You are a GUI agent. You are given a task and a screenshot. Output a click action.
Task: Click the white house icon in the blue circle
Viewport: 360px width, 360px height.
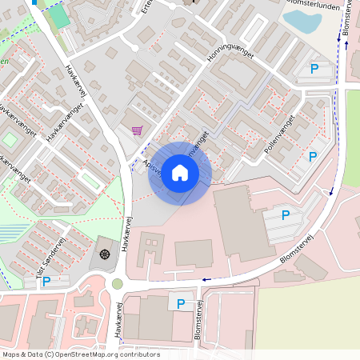[180, 173]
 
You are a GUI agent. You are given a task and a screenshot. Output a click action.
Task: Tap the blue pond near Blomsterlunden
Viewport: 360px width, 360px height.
[302, 22]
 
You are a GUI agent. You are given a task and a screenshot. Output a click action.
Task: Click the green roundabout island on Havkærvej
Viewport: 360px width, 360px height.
[118, 283]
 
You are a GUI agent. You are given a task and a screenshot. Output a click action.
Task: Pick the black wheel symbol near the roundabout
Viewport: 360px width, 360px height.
[104, 254]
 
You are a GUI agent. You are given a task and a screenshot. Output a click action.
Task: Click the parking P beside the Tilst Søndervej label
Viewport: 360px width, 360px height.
[46, 281]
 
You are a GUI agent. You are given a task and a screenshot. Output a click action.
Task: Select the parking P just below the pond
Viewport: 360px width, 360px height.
[314, 70]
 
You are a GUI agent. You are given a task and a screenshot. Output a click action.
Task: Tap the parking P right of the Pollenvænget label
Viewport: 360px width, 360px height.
[313, 157]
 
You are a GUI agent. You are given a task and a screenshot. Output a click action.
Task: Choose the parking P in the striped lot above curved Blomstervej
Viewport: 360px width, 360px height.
[286, 214]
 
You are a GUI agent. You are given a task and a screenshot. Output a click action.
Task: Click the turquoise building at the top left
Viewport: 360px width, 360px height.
[58, 15]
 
